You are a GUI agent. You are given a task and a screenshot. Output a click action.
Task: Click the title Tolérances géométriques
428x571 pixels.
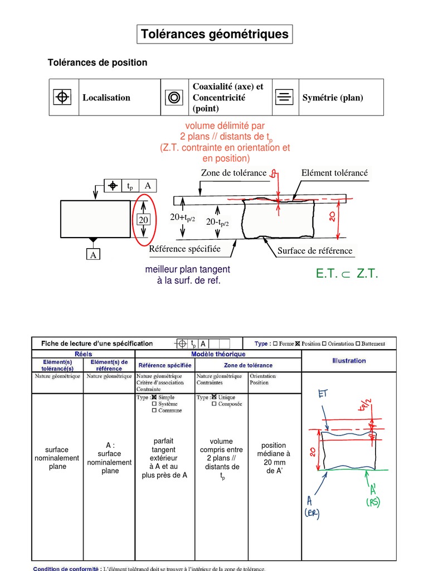click(215, 35)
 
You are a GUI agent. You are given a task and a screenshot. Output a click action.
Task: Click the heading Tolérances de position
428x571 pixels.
click(98, 62)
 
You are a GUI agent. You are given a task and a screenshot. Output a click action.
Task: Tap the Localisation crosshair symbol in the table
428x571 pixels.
click(62, 98)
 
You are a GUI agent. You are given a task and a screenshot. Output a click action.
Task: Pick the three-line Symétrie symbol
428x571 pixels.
click(284, 98)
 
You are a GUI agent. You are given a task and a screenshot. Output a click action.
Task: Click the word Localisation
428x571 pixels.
click(106, 98)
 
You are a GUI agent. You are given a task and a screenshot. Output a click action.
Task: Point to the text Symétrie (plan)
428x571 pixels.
click(333, 98)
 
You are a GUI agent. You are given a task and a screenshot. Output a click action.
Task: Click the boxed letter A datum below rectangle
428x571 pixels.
click(93, 255)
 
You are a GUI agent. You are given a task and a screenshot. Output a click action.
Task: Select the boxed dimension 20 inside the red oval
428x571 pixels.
click(144, 220)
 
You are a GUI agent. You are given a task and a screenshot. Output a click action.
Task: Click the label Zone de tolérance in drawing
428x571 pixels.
click(234, 173)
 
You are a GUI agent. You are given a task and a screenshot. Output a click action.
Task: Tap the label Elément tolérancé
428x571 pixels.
click(334, 173)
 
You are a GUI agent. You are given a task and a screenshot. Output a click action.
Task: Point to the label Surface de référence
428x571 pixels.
click(315, 251)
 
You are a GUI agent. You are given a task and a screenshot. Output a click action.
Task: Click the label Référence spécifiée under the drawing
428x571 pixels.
click(184, 249)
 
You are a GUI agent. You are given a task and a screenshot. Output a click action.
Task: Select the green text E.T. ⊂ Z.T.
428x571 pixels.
click(347, 274)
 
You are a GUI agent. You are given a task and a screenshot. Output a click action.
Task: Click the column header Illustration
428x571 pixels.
click(349, 361)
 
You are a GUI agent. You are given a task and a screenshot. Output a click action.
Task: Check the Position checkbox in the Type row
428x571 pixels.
click(298, 344)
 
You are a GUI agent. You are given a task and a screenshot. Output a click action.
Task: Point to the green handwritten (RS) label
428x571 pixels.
click(372, 502)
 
